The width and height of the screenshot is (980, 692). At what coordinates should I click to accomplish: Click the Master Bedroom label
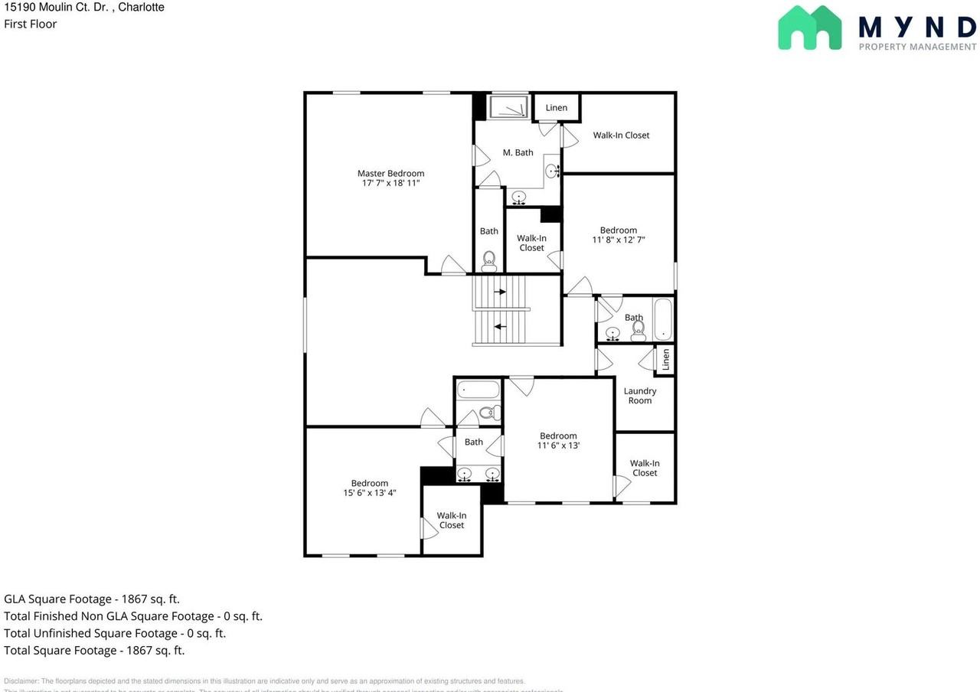(x=390, y=174)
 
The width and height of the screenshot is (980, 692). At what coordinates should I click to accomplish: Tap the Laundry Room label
(x=640, y=396)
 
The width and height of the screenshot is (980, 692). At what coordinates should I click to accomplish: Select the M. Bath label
(x=518, y=152)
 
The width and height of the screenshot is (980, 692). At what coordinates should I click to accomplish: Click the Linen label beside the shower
(x=557, y=108)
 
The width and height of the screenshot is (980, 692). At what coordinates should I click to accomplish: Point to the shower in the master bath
(x=509, y=107)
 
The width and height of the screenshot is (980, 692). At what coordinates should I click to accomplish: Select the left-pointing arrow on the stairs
(x=500, y=327)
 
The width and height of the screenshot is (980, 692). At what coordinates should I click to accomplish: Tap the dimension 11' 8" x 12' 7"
(x=619, y=240)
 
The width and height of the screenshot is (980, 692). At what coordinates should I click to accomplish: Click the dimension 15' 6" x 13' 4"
(x=370, y=493)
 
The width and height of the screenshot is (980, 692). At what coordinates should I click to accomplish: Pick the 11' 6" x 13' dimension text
(x=558, y=446)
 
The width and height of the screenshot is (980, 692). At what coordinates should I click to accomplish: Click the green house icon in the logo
(x=809, y=28)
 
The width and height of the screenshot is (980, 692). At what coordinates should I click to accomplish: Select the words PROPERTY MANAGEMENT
(x=917, y=47)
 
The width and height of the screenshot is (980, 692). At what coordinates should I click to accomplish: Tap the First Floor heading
(x=31, y=24)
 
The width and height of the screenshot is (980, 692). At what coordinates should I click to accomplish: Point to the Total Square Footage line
(x=94, y=651)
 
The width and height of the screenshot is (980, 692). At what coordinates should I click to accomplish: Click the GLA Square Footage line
(x=92, y=599)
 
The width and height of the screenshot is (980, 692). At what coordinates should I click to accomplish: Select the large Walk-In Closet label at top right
(x=621, y=135)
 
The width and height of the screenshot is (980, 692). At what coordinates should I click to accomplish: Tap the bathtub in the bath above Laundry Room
(x=663, y=319)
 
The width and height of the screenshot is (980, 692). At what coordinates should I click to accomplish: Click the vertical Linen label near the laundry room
(x=665, y=360)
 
